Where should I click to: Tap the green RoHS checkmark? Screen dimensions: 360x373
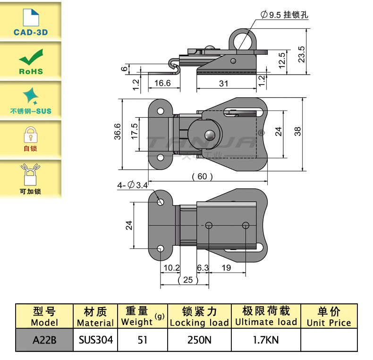pyautogui.click(x=30, y=60)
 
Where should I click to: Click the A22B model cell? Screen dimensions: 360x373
pyautogui.click(x=44, y=340)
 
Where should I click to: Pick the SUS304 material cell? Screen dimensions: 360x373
pyautogui.click(x=95, y=340)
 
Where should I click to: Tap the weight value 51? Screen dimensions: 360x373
pyautogui.click(x=142, y=340)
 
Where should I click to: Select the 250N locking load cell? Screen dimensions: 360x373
pyautogui.click(x=199, y=340)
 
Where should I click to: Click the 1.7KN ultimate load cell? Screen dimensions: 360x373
pyautogui.click(x=266, y=340)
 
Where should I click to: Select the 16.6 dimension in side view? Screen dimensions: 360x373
pyautogui.click(x=162, y=83)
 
